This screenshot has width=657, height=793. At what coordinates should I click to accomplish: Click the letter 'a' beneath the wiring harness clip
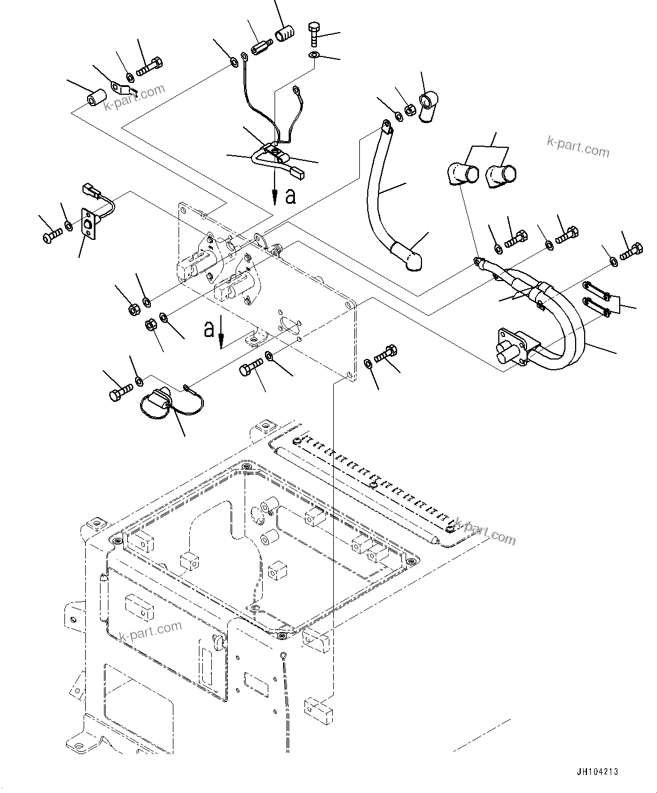coord(290,196)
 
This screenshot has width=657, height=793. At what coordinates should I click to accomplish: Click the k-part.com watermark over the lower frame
coord(151,632)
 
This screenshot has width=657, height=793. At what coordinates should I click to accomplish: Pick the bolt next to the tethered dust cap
coord(121,390)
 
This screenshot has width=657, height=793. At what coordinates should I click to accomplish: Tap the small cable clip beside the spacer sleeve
coord(123,88)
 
